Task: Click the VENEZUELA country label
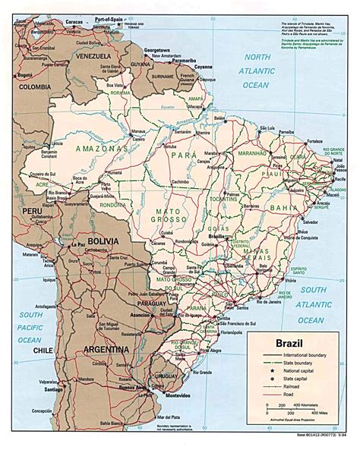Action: (x=92, y=57)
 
